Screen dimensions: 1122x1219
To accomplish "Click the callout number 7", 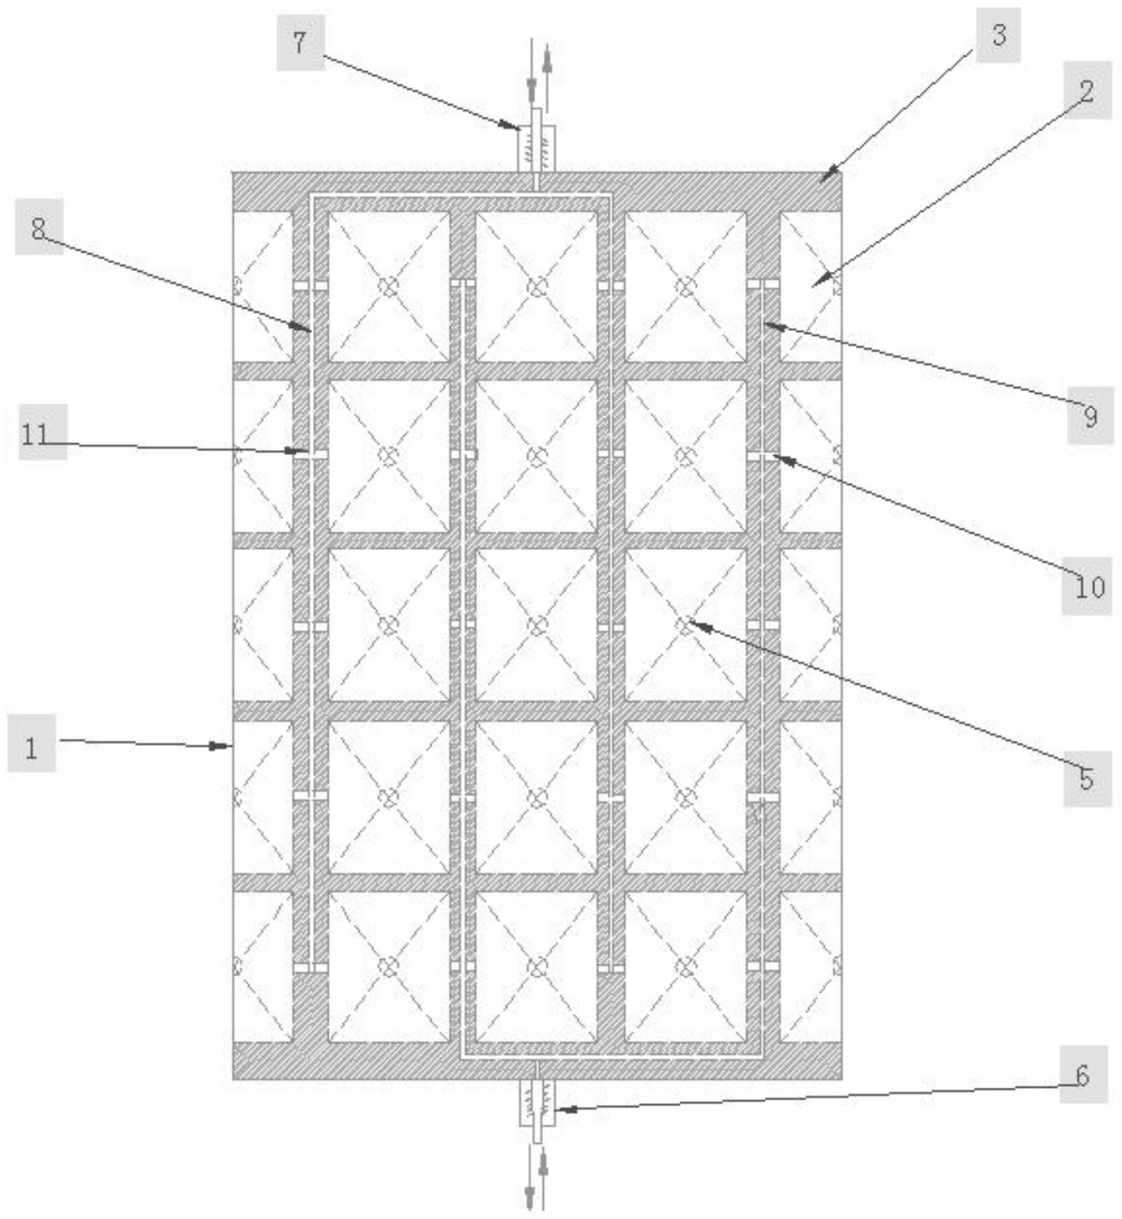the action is pos(300,43).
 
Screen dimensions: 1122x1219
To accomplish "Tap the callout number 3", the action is pos(998,35).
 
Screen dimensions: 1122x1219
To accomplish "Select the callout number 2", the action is pos(1087,91).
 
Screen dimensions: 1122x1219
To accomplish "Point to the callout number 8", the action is pos(38,228).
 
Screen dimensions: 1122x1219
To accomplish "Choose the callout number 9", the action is pos(1090,416).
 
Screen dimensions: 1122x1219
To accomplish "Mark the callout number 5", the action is pos(1087,778).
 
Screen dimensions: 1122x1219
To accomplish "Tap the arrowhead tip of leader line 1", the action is pos(230,747).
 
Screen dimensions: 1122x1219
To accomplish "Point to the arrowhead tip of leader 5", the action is pos(689,622).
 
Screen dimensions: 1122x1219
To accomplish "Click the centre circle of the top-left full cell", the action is pos(388,286).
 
